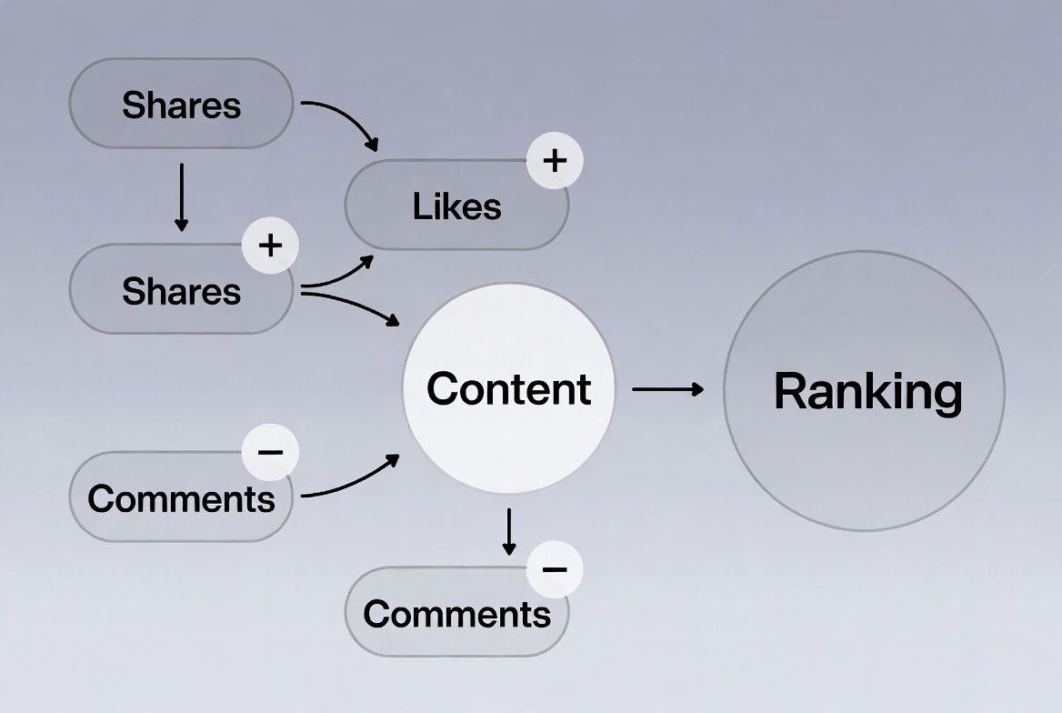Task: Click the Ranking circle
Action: click(864, 391)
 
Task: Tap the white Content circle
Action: click(508, 388)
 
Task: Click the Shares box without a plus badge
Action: click(181, 104)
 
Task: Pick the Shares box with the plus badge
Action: click(181, 290)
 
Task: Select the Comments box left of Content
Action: click(181, 497)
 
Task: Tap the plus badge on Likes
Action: click(555, 161)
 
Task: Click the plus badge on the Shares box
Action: click(270, 245)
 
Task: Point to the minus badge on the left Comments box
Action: click(270, 451)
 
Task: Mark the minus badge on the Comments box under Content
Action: click(555, 569)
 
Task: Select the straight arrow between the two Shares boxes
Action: click(181, 196)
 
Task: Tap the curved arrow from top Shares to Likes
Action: click(346, 115)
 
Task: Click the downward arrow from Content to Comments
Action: click(509, 531)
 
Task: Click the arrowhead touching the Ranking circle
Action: click(697, 389)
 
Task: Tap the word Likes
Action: click(456, 206)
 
